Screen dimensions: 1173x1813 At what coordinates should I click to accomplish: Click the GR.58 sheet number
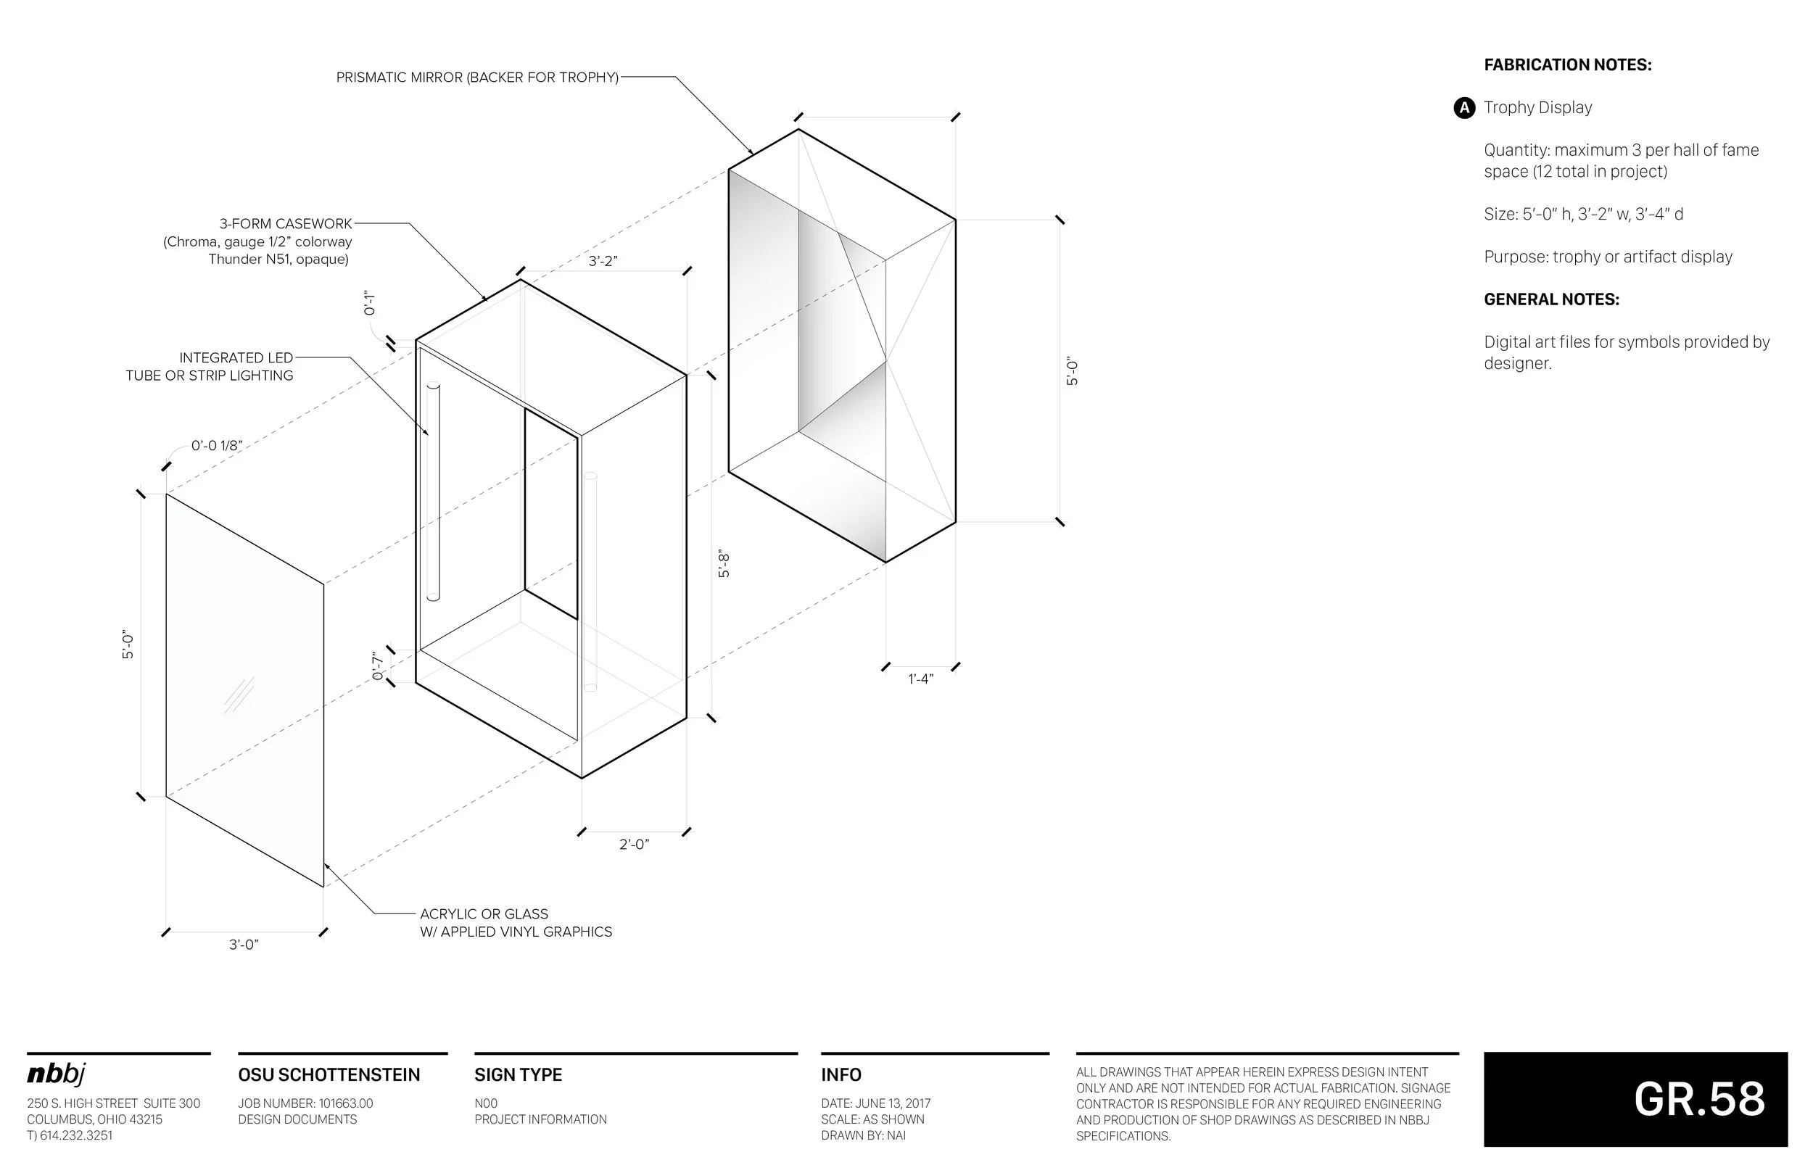point(1698,1098)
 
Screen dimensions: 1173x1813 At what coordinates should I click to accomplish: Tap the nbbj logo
point(57,1074)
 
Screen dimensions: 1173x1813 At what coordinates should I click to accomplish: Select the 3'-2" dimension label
point(603,261)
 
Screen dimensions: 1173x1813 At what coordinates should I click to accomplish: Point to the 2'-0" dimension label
point(634,844)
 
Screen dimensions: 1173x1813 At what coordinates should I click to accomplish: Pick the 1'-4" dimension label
point(920,679)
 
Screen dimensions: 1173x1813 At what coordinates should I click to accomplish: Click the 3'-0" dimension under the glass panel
point(244,945)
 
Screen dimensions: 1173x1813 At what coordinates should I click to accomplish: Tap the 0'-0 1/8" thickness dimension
point(216,446)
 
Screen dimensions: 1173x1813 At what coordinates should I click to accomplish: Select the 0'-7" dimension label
point(377,666)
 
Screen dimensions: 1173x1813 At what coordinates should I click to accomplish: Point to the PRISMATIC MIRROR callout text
point(477,78)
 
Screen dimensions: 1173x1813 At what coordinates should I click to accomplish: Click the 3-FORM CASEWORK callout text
point(286,224)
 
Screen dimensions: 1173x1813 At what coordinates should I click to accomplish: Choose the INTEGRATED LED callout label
point(236,358)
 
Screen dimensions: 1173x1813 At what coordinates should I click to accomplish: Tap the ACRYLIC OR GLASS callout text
point(484,914)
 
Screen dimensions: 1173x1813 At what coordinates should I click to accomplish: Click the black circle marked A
point(1463,108)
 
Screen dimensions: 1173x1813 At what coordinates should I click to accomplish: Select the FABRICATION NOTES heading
point(1568,65)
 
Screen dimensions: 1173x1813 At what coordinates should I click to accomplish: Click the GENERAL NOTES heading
point(1551,299)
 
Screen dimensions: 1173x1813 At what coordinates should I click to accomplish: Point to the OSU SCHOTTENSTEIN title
point(329,1074)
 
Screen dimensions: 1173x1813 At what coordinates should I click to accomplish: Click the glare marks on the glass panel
point(239,695)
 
